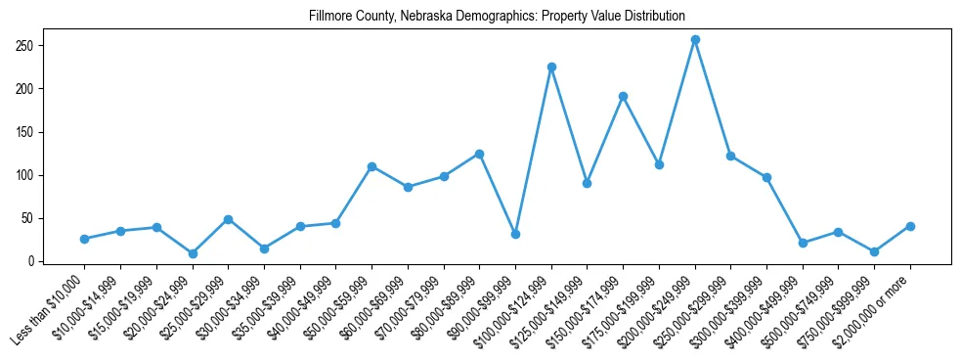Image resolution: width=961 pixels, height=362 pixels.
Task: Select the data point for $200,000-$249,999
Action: pos(695,40)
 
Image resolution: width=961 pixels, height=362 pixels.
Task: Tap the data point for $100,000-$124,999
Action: pos(551,68)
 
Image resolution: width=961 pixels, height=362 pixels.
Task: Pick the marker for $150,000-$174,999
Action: pos(623,97)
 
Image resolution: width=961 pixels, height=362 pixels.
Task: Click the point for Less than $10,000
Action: pos(84,239)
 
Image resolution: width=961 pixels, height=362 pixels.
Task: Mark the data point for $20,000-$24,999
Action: pos(193,253)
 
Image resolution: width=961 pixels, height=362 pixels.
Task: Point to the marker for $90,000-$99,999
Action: pos(515,235)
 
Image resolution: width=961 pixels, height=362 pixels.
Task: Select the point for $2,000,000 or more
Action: pos(910,226)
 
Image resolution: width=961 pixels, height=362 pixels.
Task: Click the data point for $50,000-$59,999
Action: pos(371,167)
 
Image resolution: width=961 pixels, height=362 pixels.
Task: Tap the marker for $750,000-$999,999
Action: pos(874,251)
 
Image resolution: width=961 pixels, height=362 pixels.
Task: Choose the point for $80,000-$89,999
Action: pos(479,154)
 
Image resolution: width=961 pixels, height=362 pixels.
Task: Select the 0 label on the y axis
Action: pos(31,261)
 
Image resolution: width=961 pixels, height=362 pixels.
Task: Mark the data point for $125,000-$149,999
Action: pos(587,183)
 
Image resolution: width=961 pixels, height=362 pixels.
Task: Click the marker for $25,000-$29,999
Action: pos(228,219)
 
